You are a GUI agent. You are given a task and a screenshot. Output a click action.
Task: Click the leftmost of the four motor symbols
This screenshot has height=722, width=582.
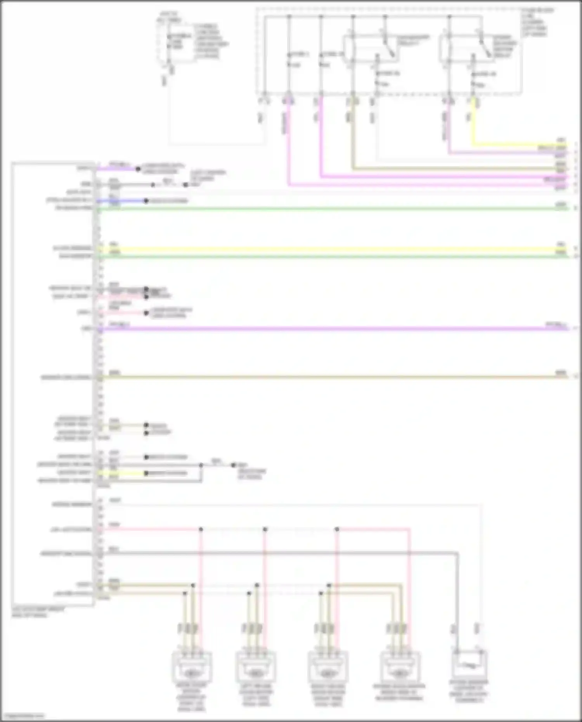point(192,668)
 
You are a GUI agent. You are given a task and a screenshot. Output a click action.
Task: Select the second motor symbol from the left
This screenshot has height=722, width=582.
point(256,668)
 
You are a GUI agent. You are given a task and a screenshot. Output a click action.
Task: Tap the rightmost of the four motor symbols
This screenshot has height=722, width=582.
point(400,668)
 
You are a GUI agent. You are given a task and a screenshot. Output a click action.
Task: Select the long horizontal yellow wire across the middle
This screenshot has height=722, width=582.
point(330,249)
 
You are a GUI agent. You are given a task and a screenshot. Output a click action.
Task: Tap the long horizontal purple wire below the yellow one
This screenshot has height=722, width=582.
point(330,329)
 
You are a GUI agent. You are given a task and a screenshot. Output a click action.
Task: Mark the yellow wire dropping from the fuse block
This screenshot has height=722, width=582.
point(473,124)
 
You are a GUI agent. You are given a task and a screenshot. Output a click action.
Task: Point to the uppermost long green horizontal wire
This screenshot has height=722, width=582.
point(330,209)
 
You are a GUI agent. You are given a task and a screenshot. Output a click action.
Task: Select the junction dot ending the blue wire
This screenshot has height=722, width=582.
point(146,201)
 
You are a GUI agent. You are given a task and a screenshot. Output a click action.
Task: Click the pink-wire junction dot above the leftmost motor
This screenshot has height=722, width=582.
point(201,529)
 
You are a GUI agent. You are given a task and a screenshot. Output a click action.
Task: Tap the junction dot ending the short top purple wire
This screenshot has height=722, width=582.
point(138,169)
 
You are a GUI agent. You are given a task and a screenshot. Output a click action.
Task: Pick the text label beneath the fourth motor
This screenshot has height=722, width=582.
point(399,693)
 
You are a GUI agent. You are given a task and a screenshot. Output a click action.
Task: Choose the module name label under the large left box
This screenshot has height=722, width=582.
point(39,612)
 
